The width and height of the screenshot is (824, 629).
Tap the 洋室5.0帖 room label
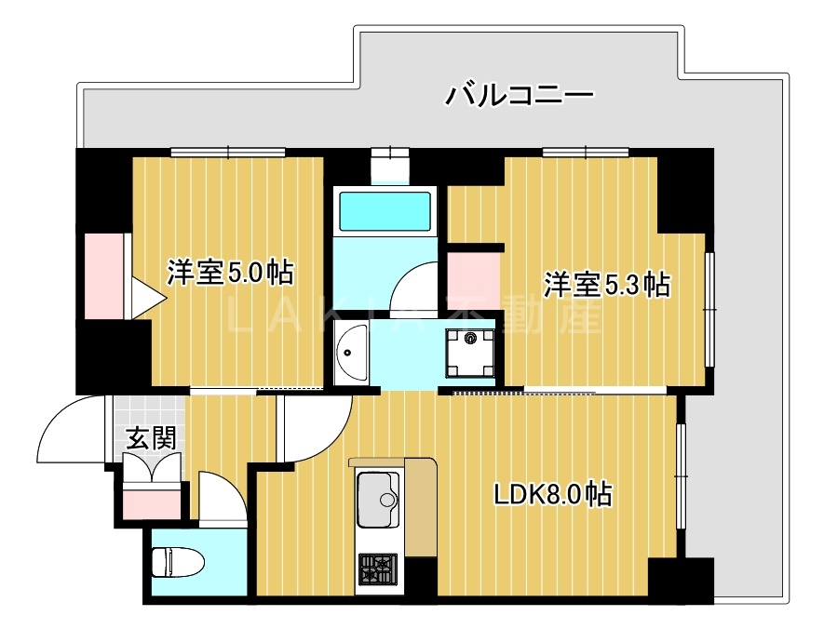pyautogui.click(x=230, y=273)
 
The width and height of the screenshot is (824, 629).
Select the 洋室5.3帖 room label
pyautogui.click(x=606, y=285)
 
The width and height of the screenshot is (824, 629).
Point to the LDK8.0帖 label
pyautogui.click(x=552, y=495)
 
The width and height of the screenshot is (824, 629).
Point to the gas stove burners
pyautogui.click(x=377, y=567)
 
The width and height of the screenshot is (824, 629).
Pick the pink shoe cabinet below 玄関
pyautogui.click(x=150, y=502)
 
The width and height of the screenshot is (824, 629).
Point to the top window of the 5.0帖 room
pyautogui.click(x=228, y=151)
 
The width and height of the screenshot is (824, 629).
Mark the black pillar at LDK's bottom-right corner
pyautogui.click(x=681, y=579)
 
